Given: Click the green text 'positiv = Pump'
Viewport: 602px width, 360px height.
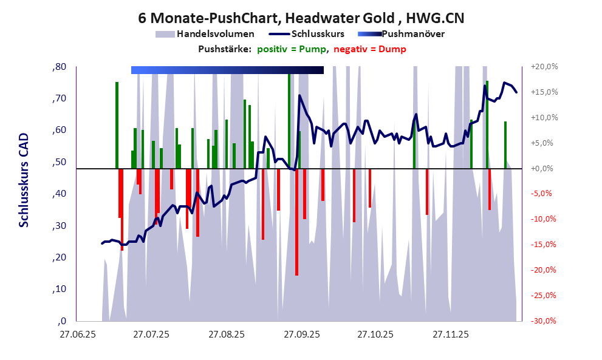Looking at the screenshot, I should pos(291,49).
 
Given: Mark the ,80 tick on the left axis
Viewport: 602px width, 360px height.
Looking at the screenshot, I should pos(59,67).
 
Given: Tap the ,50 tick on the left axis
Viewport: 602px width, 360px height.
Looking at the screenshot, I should pos(59,162).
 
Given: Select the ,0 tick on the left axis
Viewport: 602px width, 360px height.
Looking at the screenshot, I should pos(61,321).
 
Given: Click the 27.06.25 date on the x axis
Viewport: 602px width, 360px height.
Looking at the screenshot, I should pos(77,334).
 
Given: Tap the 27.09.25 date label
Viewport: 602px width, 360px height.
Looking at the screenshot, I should pos(301,334).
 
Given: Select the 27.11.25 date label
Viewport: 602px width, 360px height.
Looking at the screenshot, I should pos(450,334).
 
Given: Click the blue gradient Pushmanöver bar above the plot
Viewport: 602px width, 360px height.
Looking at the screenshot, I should pos(227,70).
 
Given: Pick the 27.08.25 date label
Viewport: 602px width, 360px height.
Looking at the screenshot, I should pos(226,334).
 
